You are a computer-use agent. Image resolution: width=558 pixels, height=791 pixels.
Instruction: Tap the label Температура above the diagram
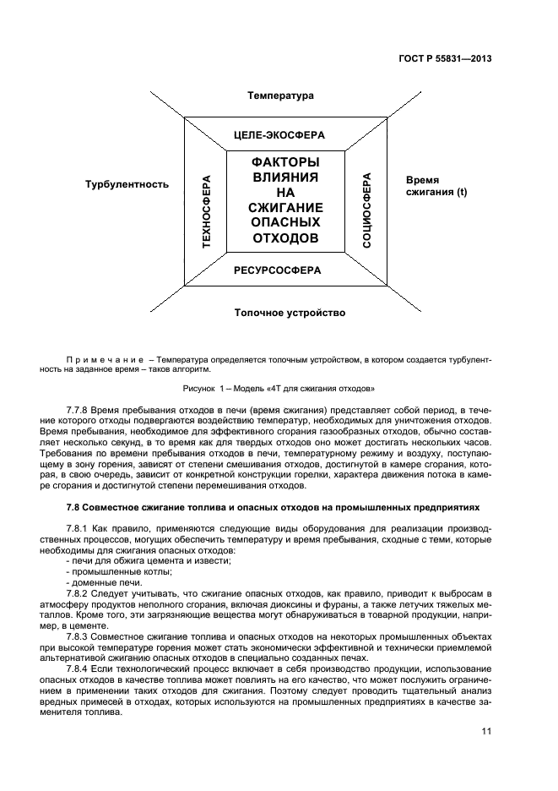pos(280,95)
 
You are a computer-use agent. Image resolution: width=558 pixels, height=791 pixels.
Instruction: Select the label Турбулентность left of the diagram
pos(127,183)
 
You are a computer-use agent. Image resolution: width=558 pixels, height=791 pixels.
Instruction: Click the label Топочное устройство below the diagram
pos(290,314)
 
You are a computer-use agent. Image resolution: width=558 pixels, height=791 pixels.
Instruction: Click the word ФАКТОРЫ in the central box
pos(285,162)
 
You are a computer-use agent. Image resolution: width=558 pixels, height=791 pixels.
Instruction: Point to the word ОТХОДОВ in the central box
pos(285,238)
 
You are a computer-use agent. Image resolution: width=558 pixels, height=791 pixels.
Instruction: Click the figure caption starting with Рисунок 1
pos(279,389)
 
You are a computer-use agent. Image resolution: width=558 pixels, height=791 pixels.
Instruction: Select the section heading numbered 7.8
pos(273,508)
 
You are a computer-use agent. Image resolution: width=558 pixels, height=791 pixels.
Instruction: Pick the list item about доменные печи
pos(104,583)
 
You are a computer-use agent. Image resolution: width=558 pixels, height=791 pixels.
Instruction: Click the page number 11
pos(486,733)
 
